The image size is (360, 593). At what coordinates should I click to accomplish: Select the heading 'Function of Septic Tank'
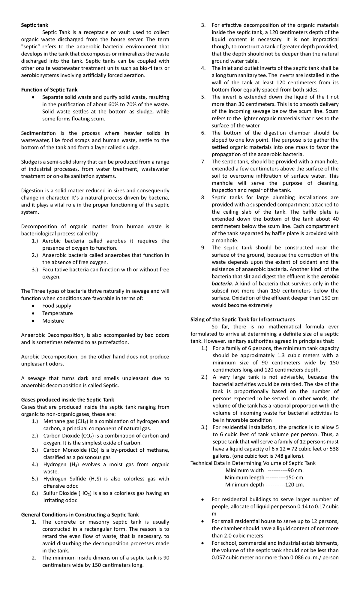pyautogui.click(x=49, y=89)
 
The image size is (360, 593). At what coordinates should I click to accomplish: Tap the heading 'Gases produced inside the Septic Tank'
pyautogui.click(x=67, y=400)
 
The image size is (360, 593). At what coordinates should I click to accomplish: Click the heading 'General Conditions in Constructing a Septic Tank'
pyautogui.click(x=80, y=515)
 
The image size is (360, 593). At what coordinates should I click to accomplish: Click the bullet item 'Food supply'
pyautogui.click(x=56, y=306)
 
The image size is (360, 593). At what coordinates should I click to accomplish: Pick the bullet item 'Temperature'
pyautogui.click(x=57, y=313)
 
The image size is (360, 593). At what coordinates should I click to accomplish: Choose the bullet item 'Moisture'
pyautogui.click(x=53, y=321)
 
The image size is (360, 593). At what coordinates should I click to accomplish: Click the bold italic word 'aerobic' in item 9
pyautogui.click(x=329, y=276)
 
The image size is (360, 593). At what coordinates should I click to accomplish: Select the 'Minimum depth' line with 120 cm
pyautogui.click(x=264, y=485)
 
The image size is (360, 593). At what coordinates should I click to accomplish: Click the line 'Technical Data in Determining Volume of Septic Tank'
pyautogui.click(x=253, y=463)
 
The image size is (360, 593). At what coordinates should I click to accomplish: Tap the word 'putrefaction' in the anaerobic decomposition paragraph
pyautogui.click(x=113, y=342)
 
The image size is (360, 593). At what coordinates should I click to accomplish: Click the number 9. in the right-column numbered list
pyautogui.click(x=203, y=248)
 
